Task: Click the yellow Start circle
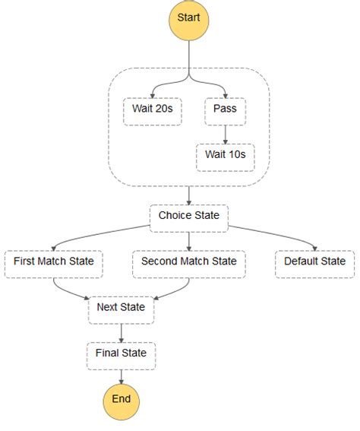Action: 188,20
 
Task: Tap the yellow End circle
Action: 121,402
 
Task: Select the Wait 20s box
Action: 153,112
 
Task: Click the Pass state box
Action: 225,112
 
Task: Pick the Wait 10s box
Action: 225,157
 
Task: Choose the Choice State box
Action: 189,218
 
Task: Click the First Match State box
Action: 54,265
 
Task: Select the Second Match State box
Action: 189,265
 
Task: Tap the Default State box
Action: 314,265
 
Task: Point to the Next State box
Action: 121,310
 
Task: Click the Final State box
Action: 121,356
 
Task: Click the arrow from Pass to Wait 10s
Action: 225,135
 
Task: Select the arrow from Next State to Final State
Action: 121,333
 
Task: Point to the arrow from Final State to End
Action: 121,377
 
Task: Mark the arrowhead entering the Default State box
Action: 315,248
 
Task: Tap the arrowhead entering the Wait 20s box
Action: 153,95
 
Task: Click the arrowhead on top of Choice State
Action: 189,202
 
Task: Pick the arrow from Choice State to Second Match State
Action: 189,242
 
